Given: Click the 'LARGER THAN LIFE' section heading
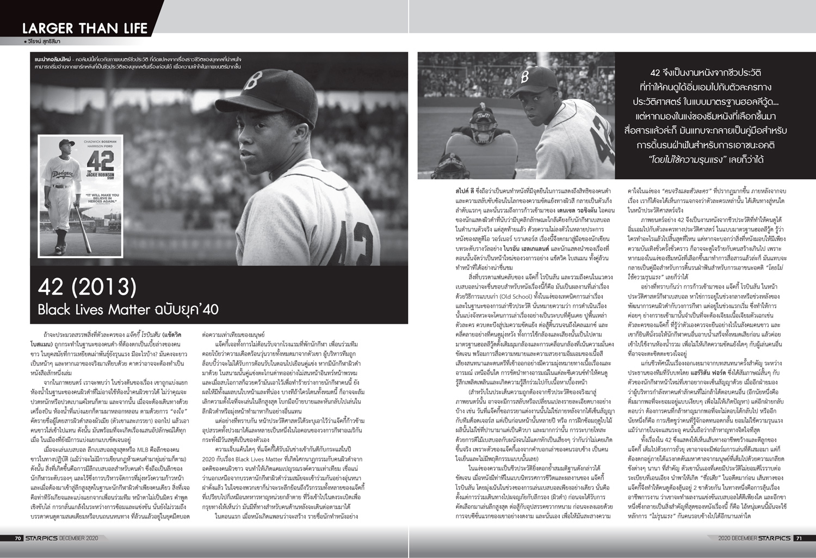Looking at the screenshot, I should (x=85, y=28).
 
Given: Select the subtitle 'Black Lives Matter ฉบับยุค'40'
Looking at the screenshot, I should (x=128, y=310).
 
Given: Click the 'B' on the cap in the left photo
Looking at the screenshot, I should (x=250, y=82).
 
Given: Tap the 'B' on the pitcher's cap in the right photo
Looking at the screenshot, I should (x=524, y=77).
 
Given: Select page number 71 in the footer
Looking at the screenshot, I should (x=798, y=538).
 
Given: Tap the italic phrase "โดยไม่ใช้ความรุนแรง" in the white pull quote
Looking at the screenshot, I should (x=686, y=160).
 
